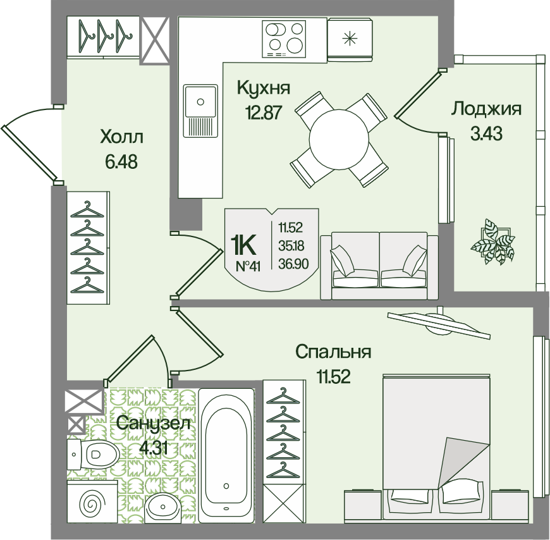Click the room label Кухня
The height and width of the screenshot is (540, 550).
[264, 87]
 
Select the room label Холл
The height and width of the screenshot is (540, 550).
[122, 137]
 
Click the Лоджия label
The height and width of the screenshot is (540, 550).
[487, 109]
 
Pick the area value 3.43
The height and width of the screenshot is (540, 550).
[487, 133]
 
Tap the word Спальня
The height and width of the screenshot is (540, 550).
[333, 352]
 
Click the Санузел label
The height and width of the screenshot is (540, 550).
[153, 424]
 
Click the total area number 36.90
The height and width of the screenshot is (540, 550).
[293, 264]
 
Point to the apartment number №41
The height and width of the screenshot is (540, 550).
[248, 267]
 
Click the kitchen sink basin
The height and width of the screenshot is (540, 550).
[200, 102]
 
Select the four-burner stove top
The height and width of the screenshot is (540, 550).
[284, 39]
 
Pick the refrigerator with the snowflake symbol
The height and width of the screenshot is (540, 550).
[350, 39]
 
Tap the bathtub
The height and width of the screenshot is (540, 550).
[226, 455]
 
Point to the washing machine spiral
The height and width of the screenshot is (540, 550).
[91, 504]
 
